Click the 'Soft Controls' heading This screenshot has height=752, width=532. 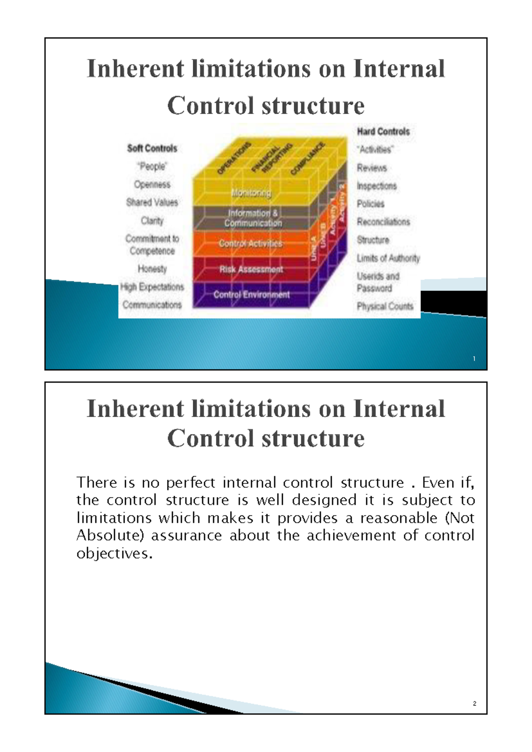click(152, 148)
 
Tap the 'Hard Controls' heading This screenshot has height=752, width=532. click(383, 131)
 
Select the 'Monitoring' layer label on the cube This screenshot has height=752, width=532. click(251, 193)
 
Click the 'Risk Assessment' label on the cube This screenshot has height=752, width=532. click(251, 269)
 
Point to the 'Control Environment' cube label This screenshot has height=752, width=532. click(251, 294)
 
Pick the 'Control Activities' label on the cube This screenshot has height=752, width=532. click(250, 243)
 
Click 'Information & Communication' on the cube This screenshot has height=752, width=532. click(253, 218)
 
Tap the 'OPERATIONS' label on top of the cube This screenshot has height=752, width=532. click(234, 158)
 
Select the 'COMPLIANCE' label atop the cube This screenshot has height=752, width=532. click(308, 158)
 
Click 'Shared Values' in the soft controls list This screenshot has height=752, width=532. click(152, 202)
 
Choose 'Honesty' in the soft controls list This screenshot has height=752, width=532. click(152, 269)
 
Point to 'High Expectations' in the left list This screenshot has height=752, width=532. click(152, 287)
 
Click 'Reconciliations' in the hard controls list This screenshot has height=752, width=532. click(383, 222)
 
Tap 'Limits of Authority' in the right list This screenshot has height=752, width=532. click(388, 258)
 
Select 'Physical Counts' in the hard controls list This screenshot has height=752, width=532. click(385, 306)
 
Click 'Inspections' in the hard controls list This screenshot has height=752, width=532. click(377, 186)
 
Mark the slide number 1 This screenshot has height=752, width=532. click(474, 359)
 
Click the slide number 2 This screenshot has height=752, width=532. click(474, 703)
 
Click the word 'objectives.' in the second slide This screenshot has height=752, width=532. click(114, 553)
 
